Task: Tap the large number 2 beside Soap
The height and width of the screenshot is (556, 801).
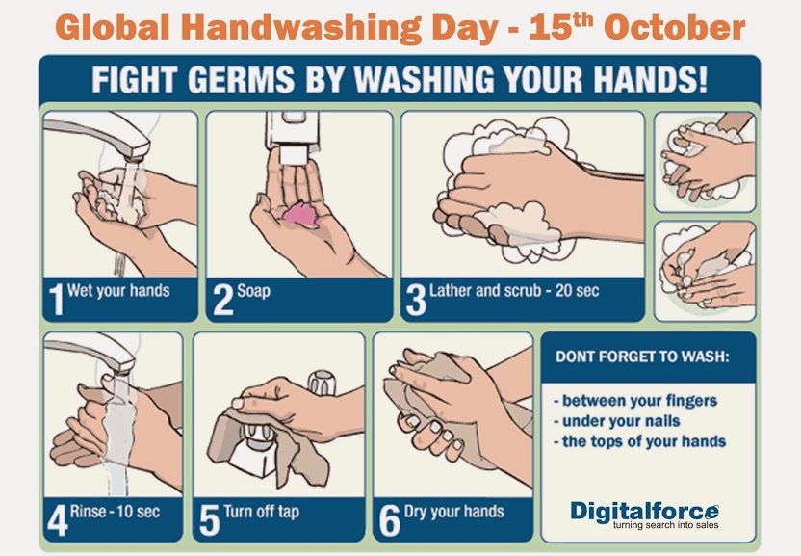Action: tap(222, 299)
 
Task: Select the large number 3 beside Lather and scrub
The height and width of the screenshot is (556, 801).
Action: tap(416, 299)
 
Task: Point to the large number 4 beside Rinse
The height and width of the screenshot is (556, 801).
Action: tap(57, 519)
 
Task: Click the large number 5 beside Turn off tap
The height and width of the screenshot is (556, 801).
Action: tap(209, 519)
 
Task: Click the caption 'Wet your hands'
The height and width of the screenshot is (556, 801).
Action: tap(118, 291)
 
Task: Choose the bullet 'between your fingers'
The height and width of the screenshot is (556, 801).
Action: tap(636, 401)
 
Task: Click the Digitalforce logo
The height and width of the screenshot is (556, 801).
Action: tap(644, 510)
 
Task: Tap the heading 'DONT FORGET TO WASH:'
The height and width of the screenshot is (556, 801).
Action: tap(642, 357)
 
